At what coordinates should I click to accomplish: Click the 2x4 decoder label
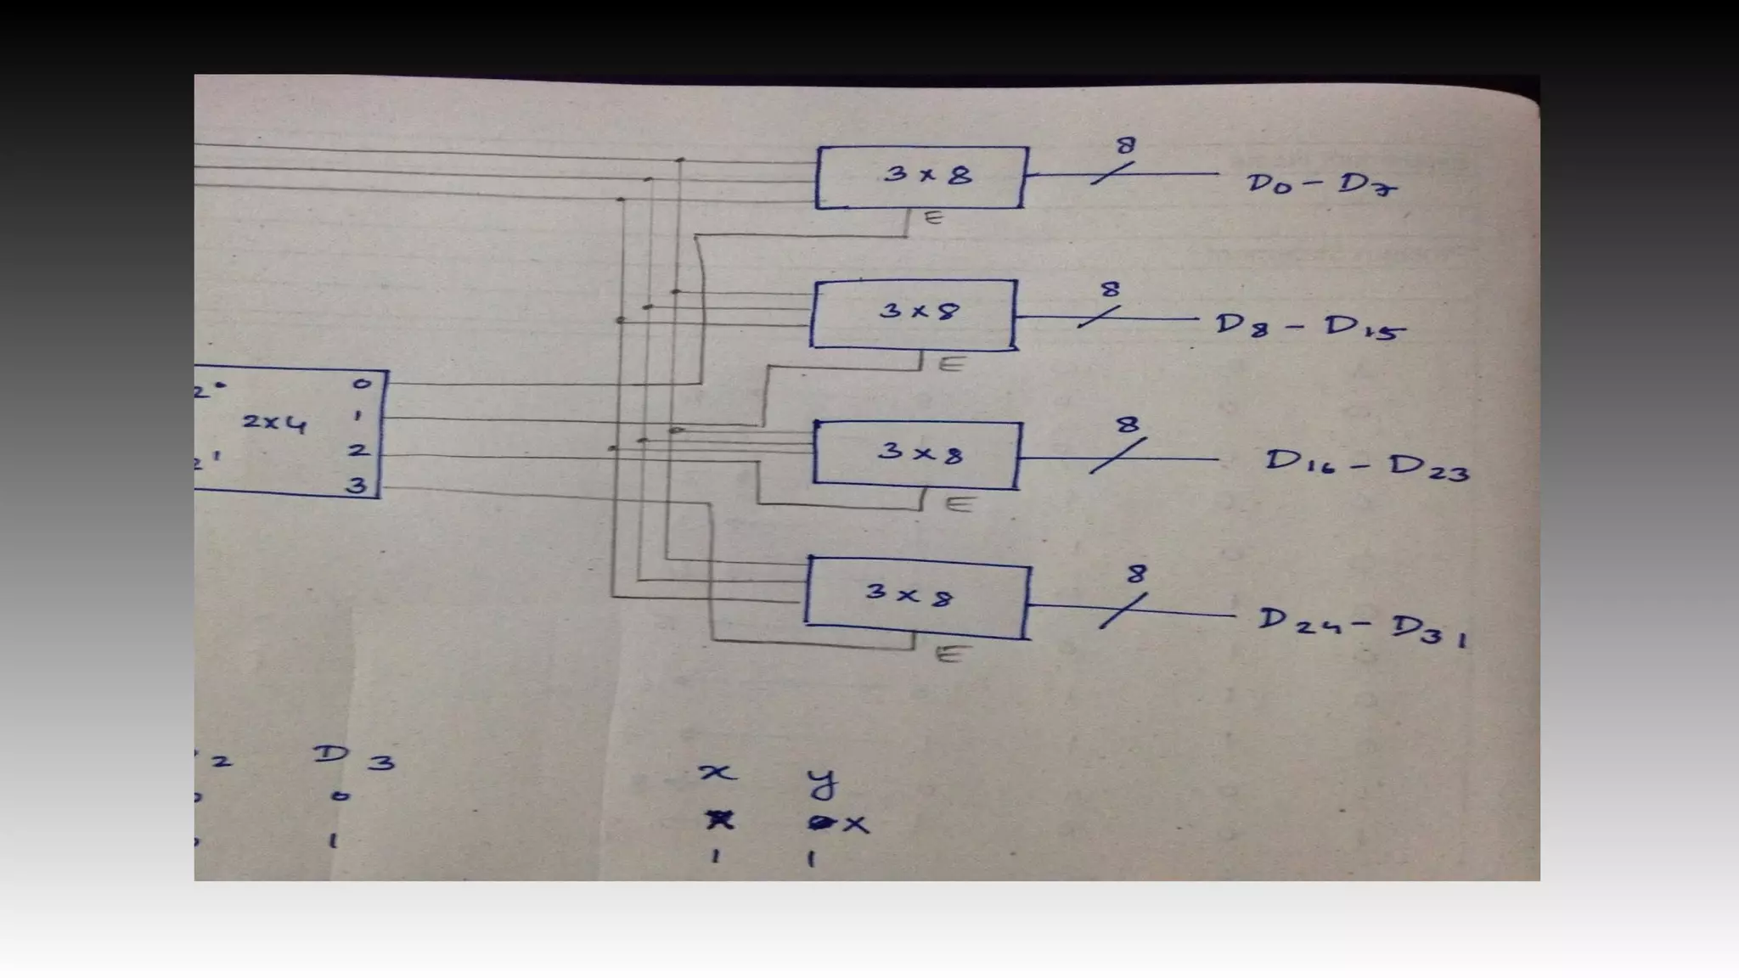(273, 422)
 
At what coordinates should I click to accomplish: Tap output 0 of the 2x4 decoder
(363, 384)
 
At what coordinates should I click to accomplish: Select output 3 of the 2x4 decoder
(357, 486)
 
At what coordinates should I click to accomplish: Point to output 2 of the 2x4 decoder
(358, 450)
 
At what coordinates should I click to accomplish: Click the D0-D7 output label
(1321, 184)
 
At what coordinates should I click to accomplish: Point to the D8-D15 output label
(1308, 327)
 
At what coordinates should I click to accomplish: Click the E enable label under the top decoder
(933, 218)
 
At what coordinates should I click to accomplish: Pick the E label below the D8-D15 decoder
(953, 364)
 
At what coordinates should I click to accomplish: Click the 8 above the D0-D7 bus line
(1125, 146)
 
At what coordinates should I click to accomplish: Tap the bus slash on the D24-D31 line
(1123, 610)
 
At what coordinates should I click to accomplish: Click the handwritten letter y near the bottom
(821, 782)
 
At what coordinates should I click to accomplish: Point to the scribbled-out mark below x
(719, 820)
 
